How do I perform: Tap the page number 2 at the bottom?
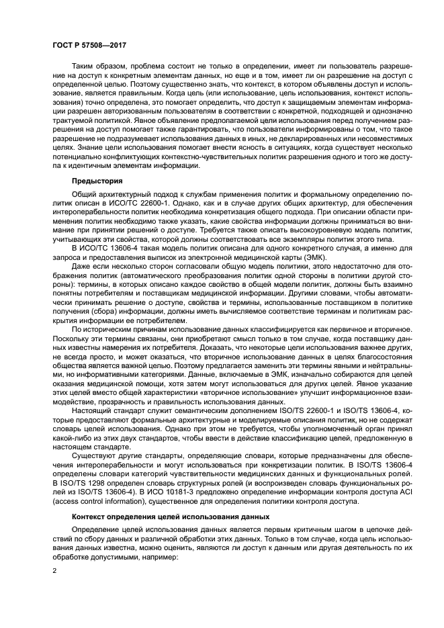(55, 570)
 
